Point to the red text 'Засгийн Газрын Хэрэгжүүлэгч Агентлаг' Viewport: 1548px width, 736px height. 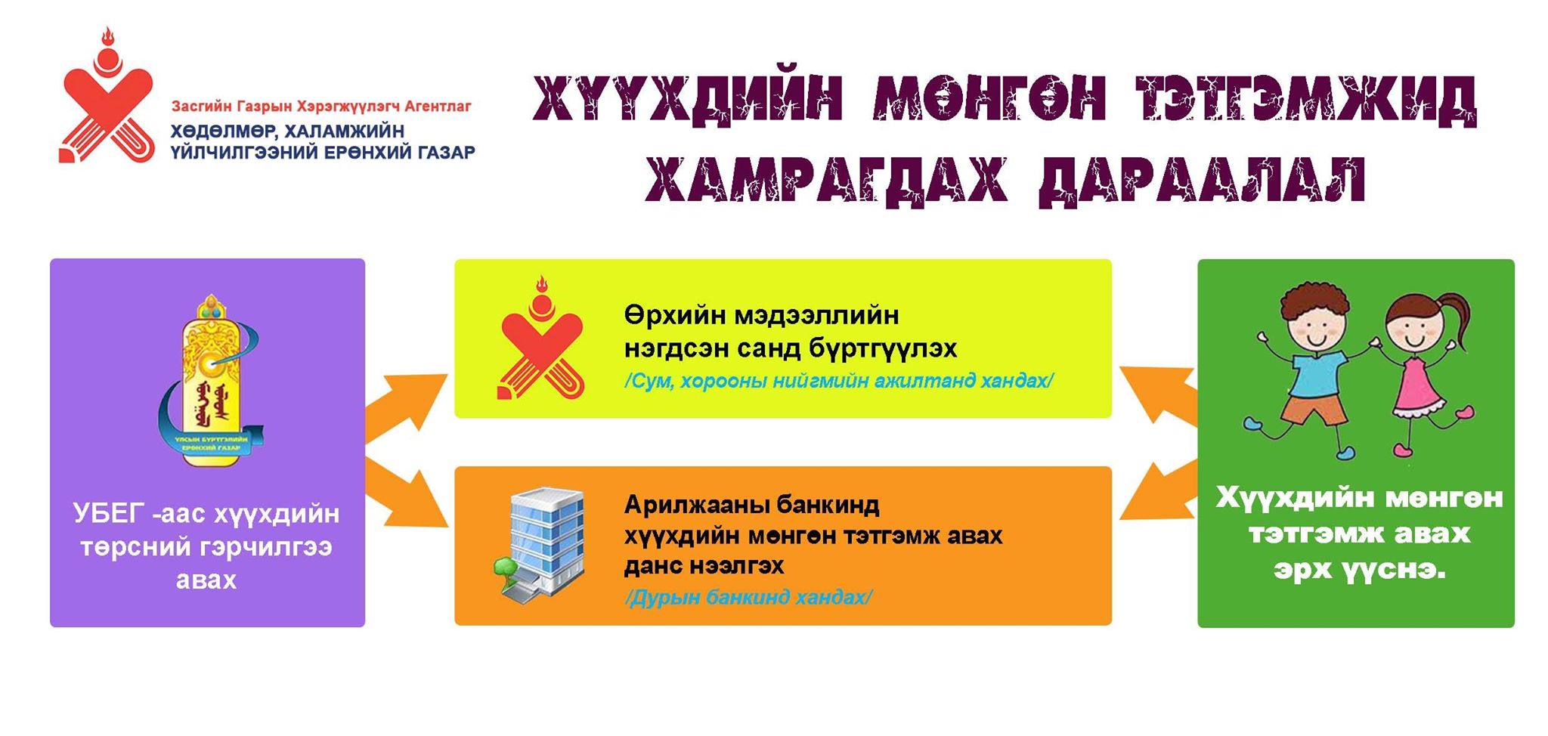pos(321,106)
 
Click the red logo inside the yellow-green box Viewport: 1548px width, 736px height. pos(540,336)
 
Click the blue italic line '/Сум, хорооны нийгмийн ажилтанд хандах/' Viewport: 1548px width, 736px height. pos(839,380)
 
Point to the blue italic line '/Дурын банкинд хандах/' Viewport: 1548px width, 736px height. pos(748,598)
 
